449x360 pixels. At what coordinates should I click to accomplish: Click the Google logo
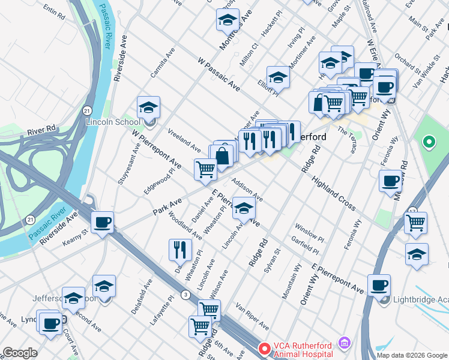pyautogui.click(x=20, y=353)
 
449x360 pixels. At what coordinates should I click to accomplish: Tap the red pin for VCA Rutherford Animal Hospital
pyautogui.click(x=264, y=348)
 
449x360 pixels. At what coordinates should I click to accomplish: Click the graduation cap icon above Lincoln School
pyautogui.click(x=148, y=107)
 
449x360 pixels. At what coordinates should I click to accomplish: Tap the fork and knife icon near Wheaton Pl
pyautogui.click(x=180, y=249)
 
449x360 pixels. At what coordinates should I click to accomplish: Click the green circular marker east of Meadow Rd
pyautogui.click(x=429, y=143)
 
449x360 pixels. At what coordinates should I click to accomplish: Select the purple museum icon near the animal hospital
pyautogui.click(x=344, y=343)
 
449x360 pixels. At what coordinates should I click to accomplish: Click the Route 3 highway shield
pyautogui.click(x=187, y=294)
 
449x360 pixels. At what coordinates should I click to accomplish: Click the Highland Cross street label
pyautogui.click(x=333, y=179)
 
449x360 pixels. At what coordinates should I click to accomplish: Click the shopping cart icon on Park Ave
pyautogui.click(x=205, y=170)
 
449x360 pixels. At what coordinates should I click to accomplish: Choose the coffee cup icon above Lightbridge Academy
pyautogui.click(x=379, y=286)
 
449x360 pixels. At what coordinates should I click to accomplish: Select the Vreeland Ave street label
pyautogui.click(x=184, y=139)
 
